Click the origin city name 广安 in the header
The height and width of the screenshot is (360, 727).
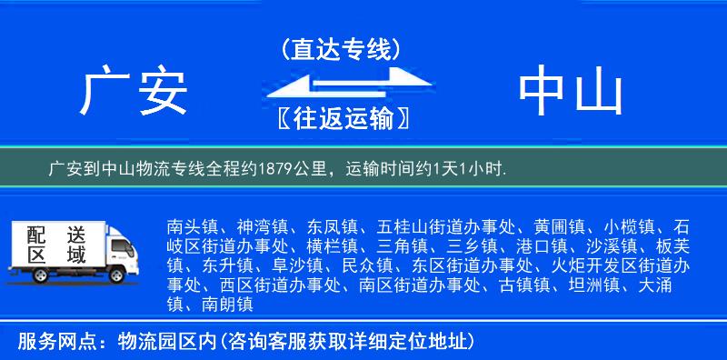point(134,93)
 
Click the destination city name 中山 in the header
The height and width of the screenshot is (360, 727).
point(571,93)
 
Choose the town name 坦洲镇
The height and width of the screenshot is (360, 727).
point(593,286)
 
